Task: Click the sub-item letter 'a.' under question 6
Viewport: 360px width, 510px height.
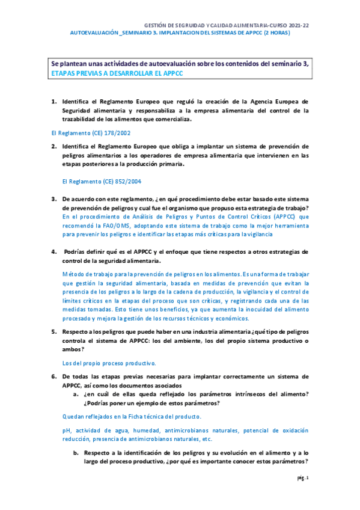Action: (76, 393)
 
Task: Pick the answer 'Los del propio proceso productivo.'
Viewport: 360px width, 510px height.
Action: (110, 363)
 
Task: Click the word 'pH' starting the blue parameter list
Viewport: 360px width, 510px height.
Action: (67, 431)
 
